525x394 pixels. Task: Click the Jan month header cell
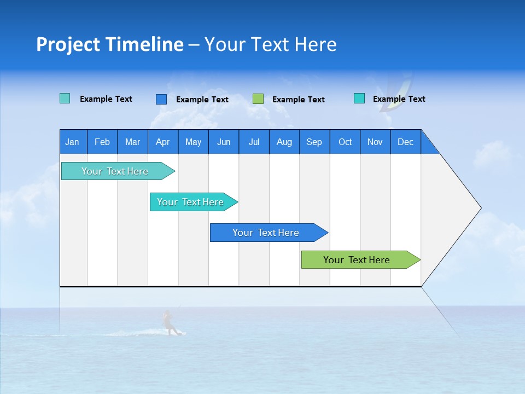pyautogui.click(x=73, y=142)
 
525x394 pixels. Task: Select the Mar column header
pyautogui.click(x=132, y=142)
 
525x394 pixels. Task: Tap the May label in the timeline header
pyautogui.click(x=193, y=142)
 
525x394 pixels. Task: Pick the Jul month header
pyautogui.click(x=254, y=142)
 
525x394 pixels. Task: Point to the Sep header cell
pyautogui.click(x=314, y=142)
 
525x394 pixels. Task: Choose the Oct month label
pyautogui.click(x=345, y=142)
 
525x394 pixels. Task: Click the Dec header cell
pyautogui.click(x=405, y=142)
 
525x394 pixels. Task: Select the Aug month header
pyautogui.click(x=284, y=142)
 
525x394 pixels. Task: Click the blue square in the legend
pyautogui.click(x=161, y=99)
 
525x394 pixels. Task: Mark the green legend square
pyautogui.click(x=258, y=99)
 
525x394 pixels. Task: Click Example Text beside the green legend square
pyautogui.click(x=299, y=100)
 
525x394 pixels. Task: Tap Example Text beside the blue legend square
pyautogui.click(x=202, y=100)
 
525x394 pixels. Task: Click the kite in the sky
pyautogui.click(x=396, y=93)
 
